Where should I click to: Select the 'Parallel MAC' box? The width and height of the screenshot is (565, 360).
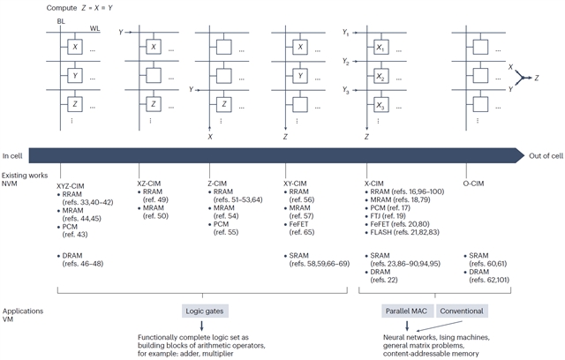point(407,312)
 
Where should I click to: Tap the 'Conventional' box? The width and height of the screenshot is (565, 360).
point(461,312)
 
